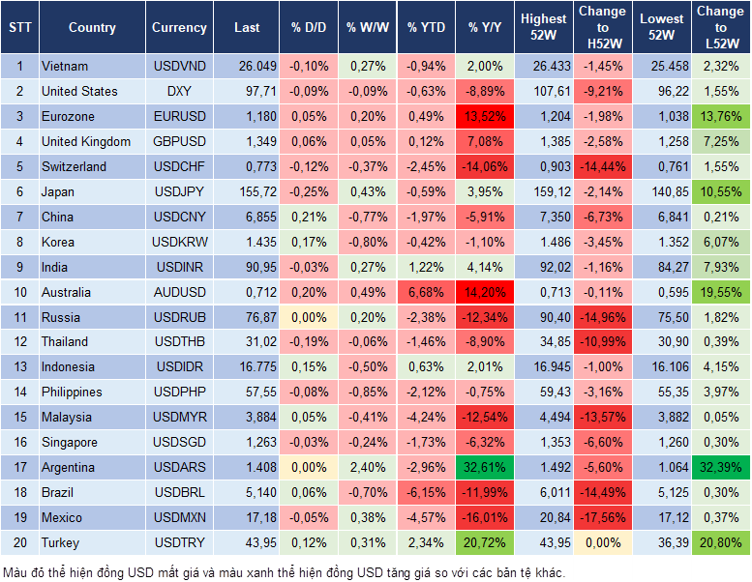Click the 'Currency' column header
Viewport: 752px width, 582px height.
179,28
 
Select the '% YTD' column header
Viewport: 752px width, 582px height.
426,28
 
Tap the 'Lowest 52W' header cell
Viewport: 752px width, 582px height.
660,27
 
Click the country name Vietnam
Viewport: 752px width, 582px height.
65,66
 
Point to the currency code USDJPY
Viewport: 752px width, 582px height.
179,191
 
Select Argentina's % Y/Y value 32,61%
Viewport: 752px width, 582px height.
485,467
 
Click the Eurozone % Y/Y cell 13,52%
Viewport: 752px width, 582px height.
485,116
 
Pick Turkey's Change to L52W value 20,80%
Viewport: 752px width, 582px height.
721,542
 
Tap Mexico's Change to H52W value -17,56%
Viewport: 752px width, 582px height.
602,517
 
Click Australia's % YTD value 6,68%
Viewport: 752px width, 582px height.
426,292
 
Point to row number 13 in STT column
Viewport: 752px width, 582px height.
19,366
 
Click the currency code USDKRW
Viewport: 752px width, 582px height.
179,242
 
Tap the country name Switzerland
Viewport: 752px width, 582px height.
74,166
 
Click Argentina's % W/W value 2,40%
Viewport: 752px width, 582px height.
367,467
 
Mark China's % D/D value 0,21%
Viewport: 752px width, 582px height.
308,217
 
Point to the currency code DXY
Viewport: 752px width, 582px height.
179,91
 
